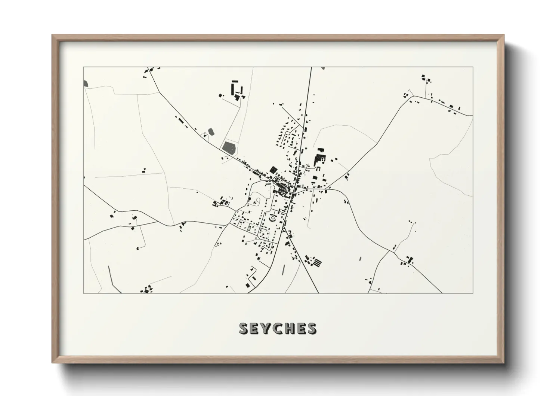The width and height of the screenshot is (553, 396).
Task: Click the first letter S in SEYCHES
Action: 244,329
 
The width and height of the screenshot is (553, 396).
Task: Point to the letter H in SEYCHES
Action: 289,329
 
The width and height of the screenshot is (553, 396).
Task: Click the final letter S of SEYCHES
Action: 311,329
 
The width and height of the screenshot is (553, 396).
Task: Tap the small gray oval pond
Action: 211,131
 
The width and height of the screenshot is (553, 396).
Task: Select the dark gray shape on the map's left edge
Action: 86,83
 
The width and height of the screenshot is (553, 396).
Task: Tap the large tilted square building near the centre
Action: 274,170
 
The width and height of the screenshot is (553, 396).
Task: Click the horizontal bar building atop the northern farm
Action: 235,81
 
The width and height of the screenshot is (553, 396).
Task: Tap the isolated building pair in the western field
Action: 144,171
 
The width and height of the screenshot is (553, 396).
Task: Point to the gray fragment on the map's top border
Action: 322,68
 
